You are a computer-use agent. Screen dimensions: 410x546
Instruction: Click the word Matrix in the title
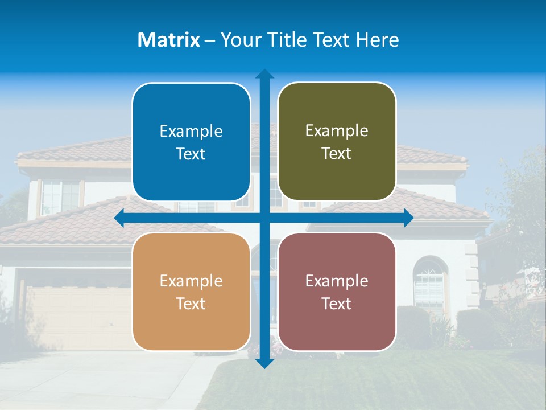tap(168, 40)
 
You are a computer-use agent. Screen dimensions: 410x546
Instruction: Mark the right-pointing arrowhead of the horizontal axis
tap(408, 218)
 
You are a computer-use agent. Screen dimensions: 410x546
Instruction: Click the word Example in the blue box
tap(191, 132)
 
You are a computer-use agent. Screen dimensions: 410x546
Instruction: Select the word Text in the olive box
tap(337, 154)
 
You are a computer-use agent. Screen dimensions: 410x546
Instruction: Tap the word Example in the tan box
tap(191, 281)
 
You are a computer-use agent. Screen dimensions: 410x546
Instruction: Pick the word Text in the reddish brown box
tap(337, 304)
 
